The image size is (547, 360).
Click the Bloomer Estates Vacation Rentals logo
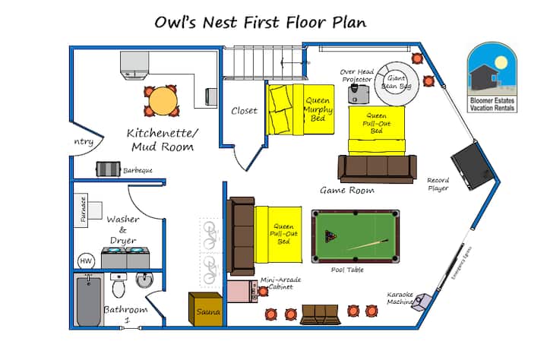tap(492, 79)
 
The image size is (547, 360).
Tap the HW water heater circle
tap(86, 261)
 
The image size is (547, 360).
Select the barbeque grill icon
tap(107, 169)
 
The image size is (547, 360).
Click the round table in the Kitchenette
tap(160, 100)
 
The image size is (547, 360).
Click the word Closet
tap(244, 111)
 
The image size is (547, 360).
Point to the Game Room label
tap(346, 191)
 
